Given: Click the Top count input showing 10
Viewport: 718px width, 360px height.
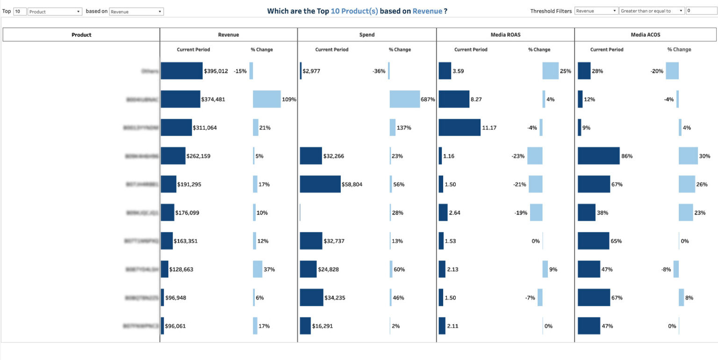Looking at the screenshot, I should [20, 11].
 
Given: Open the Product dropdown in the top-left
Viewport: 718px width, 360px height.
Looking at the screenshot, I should [55, 11].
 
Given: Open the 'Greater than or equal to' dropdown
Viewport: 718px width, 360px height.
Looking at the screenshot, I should [652, 11].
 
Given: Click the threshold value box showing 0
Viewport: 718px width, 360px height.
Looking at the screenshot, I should [700, 11].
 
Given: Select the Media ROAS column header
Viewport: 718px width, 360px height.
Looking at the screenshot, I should [505, 35].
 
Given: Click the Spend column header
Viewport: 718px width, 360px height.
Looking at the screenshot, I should [367, 35].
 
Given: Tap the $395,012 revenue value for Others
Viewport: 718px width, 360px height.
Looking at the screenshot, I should [216, 71].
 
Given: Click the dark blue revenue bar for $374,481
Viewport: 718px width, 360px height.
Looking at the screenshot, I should [180, 99].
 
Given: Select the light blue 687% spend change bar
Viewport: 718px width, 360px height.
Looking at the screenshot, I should [405, 99].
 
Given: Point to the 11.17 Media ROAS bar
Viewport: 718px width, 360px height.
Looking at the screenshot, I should [460, 128].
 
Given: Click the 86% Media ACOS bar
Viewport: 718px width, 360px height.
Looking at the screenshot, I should [599, 156].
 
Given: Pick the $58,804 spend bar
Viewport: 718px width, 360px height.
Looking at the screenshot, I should [320, 184].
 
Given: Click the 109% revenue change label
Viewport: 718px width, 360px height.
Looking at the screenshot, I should [289, 99].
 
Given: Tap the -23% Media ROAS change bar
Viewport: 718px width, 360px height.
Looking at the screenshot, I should [535, 156].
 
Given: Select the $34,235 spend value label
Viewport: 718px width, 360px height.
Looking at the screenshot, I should [335, 298].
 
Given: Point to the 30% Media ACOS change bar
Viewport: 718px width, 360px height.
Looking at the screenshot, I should [688, 156].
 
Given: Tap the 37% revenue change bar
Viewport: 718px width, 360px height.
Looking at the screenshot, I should [258, 269].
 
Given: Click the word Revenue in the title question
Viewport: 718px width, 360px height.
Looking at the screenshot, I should [427, 11].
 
